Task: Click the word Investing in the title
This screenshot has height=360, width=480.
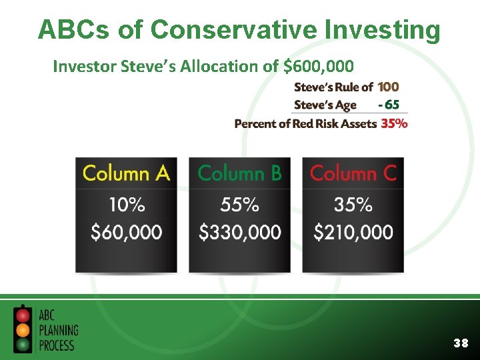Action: (381, 30)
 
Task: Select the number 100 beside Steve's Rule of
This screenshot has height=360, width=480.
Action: (389, 87)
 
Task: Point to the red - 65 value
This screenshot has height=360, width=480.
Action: (389, 105)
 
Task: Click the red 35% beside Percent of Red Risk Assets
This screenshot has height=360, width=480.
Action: (394, 123)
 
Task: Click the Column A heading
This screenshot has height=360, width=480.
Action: (126, 173)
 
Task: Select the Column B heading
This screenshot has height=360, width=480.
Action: (240, 173)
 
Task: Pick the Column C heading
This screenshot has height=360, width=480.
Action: (353, 173)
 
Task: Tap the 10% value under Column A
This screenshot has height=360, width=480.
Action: (126, 205)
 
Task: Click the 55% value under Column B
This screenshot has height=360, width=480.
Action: (240, 205)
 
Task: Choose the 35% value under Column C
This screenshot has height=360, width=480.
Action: (353, 205)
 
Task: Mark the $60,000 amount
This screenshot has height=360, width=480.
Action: (126, 232)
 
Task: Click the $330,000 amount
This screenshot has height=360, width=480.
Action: (240, 232)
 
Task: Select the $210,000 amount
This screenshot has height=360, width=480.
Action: (353, 232)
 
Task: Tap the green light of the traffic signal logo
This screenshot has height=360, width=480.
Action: (23, 344)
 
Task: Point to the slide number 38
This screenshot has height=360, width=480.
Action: (460, 343)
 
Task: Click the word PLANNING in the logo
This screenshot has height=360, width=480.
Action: (58, 330)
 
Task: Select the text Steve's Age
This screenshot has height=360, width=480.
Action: (325, 105)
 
